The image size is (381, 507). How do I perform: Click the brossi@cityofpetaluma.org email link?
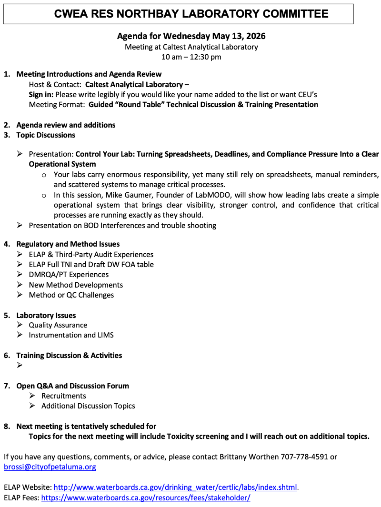(x=50, y=467)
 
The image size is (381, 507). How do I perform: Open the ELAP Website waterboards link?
(x=175, y=487)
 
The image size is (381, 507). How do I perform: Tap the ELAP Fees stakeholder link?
(x=146, y=497)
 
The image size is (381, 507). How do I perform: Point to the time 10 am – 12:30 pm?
(x=191, y=57)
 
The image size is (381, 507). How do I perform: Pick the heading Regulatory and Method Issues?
(x=68, y=244)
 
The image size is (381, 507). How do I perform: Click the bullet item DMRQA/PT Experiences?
(x=69, y=275)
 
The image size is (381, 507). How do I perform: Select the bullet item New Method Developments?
(x=76, y=285)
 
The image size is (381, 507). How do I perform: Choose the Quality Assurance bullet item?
(x=58, y=325)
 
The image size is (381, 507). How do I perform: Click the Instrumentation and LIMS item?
(x=71, y=335)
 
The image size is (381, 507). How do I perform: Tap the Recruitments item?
(x=64, y=396)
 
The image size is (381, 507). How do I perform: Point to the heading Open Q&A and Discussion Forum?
(x=73, y=386)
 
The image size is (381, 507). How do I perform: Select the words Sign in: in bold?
(x=41, y=95)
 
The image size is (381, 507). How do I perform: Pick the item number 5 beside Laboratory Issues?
(x=7, y=315)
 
